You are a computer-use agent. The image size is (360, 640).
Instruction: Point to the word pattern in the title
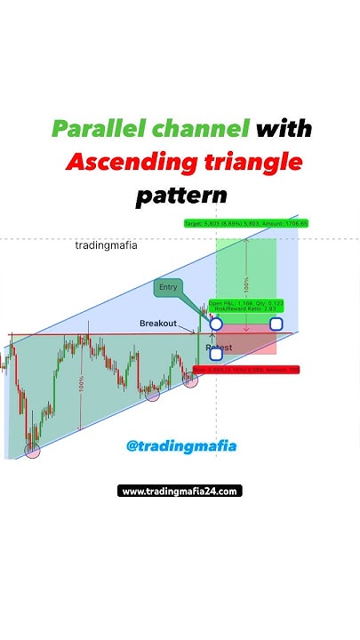(x=181, y=195)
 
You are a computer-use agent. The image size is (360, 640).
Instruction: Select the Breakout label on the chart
(x=158, y=324)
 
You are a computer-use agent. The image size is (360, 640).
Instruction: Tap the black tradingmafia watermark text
(x=106, y=245)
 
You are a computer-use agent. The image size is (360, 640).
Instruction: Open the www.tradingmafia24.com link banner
(x=180, y=491)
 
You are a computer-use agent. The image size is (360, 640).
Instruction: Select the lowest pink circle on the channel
(x=33, y=451)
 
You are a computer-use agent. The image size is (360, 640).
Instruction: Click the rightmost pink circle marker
(x=190, y=380)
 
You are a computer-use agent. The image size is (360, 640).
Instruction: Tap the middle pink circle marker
(x=152, y=393)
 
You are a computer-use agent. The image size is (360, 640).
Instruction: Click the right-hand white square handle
(x=276, y=324)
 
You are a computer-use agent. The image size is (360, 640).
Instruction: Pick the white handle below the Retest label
(x=216, y=354)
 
